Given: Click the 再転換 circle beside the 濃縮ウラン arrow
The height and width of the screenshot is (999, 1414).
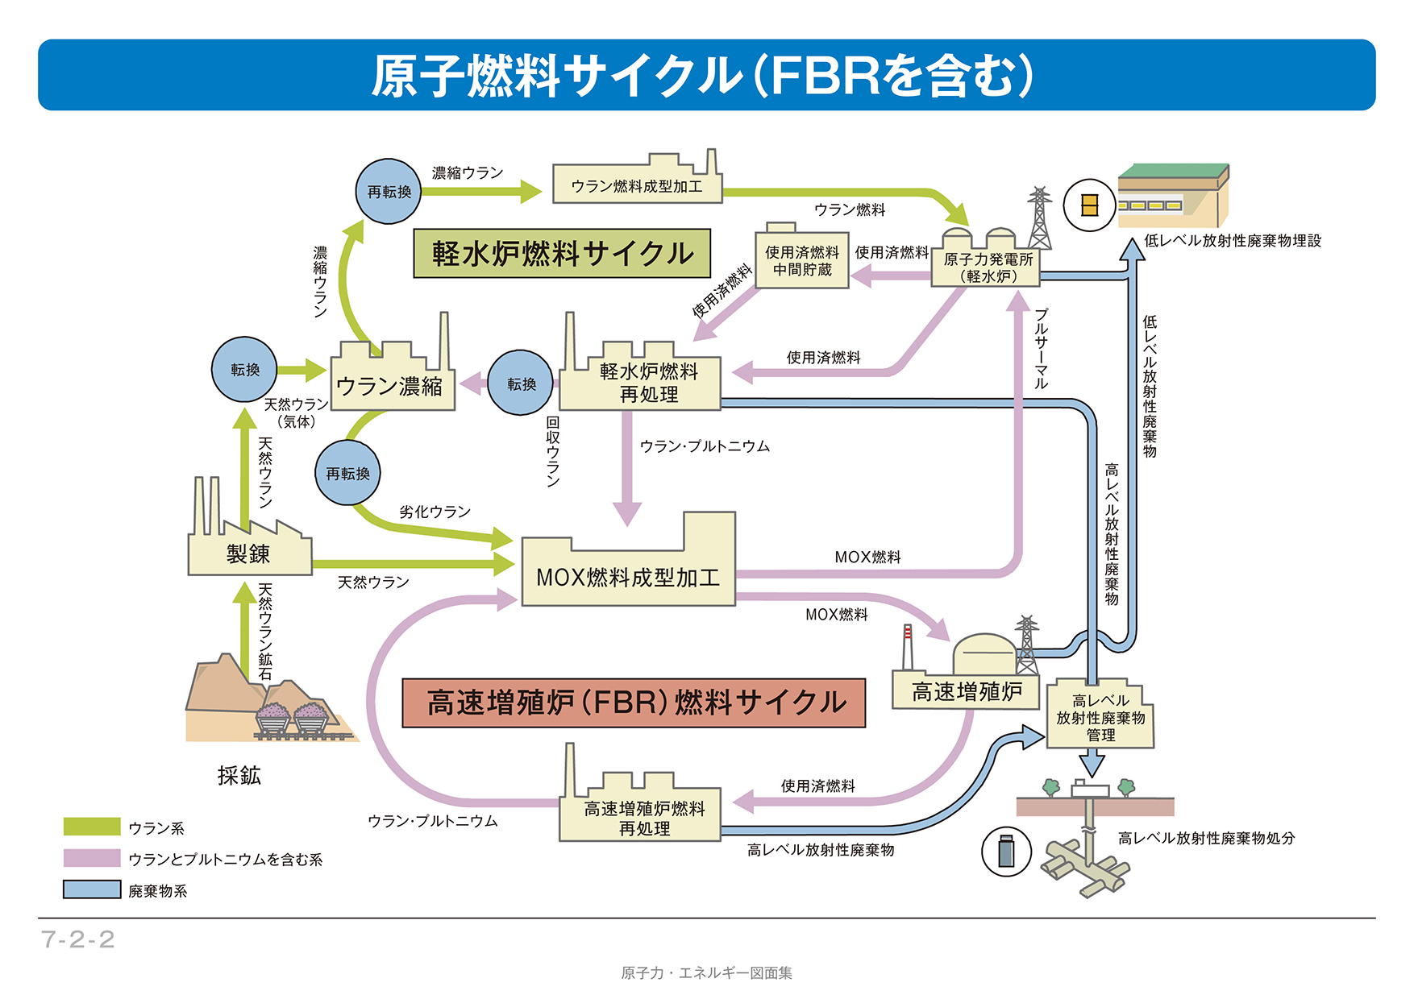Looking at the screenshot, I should [389, 192].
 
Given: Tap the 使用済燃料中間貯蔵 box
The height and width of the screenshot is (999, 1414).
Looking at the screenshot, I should [801, 260].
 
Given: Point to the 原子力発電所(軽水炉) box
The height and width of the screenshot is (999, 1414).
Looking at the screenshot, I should [987, 267].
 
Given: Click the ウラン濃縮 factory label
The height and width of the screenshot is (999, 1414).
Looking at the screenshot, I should [389, 387].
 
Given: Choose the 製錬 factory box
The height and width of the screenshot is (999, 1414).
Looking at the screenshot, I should [249, 553].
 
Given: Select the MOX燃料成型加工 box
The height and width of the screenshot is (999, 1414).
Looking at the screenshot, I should [628, 576].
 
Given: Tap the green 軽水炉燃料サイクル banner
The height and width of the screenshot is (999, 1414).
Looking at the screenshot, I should [562, 254].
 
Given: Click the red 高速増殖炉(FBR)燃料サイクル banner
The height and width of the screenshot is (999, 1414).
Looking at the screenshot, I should [634, 703].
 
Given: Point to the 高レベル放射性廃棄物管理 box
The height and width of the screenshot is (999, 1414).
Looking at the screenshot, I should [1100, 718].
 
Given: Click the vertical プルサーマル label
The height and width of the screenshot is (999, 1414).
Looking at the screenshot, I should [1041, 348].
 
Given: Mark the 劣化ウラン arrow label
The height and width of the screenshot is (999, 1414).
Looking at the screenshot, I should [435, 512].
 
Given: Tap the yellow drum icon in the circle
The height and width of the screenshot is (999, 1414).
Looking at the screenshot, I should [1089, 206].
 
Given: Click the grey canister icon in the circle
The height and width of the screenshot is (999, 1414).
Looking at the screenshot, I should [1006, 851].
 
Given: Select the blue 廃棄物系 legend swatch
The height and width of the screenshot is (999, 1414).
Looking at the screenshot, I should [92, 889].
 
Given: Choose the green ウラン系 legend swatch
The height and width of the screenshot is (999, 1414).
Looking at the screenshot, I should [92, 827].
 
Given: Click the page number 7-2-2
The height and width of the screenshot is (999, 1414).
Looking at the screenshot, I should [78, 939].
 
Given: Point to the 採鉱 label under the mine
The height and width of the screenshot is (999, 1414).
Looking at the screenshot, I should [239, 775].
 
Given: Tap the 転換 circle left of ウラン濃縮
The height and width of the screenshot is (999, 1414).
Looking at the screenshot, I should [244, 369].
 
